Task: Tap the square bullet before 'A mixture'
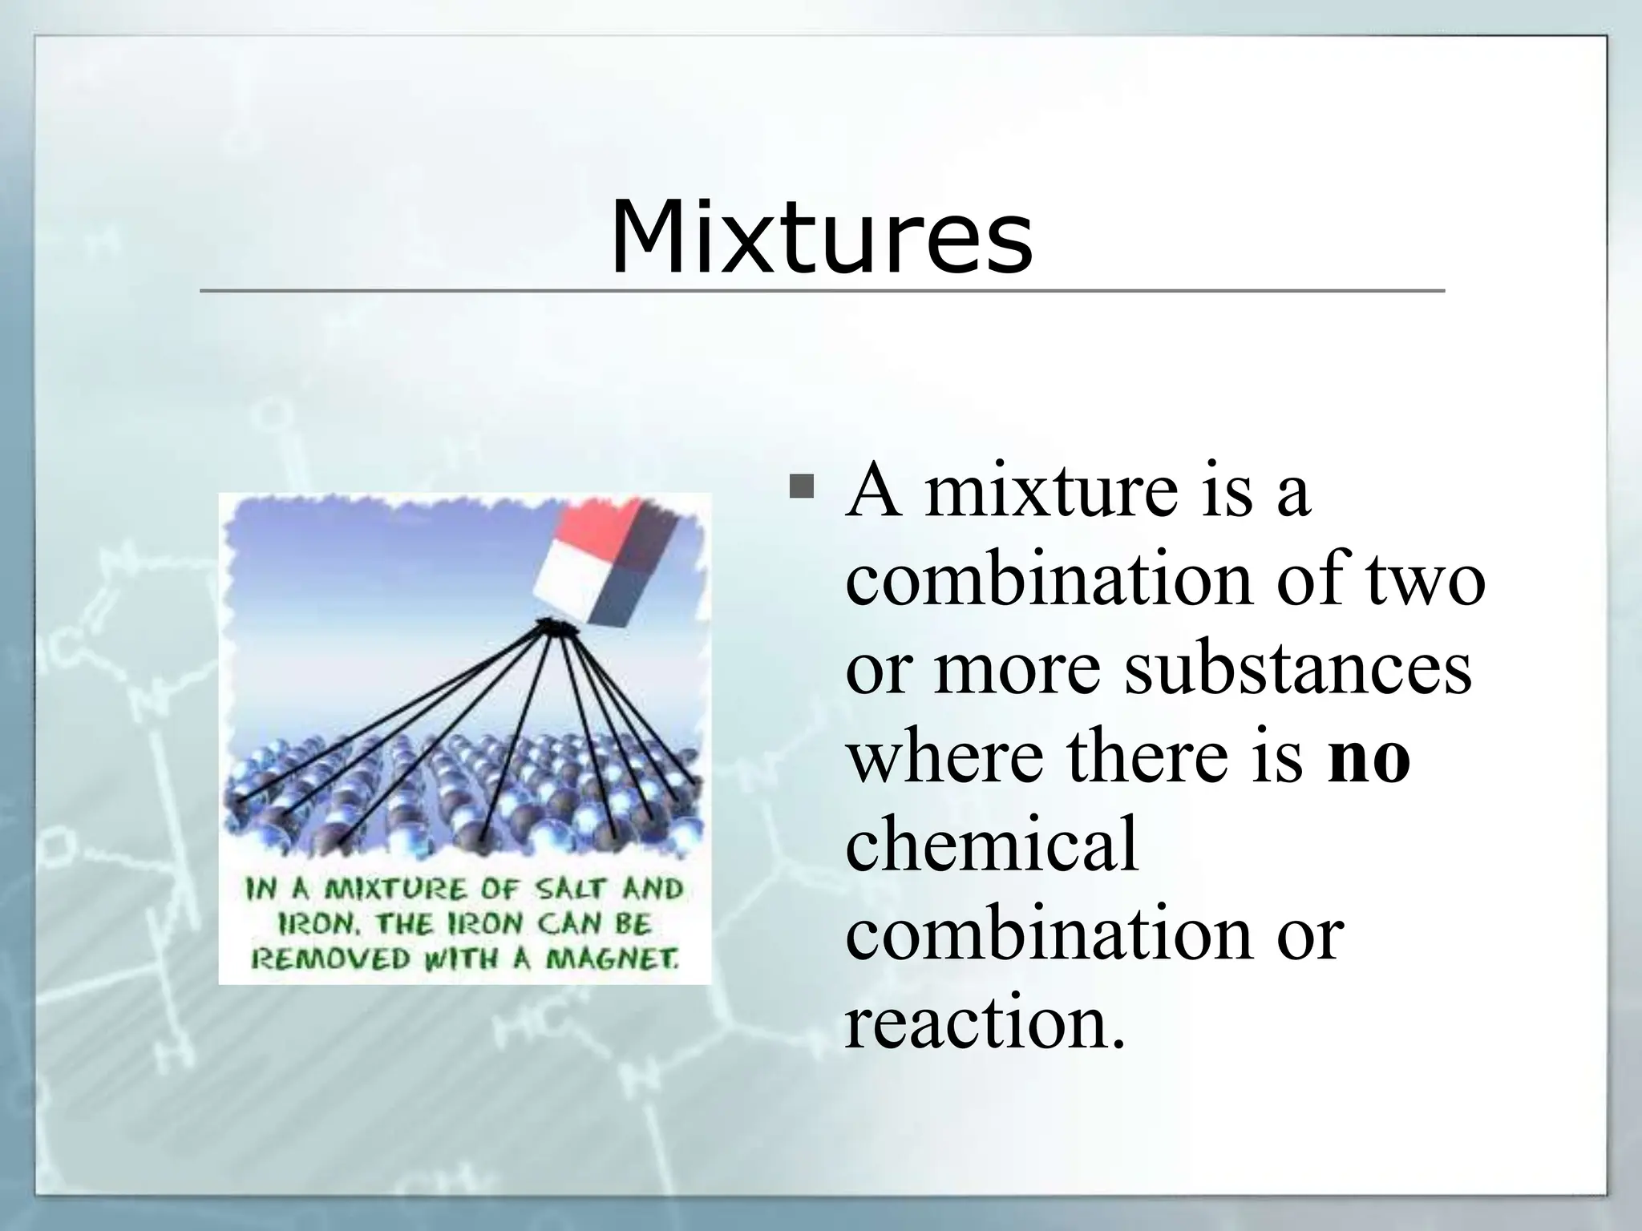coord(801,486)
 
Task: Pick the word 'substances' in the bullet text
coord(1296,669)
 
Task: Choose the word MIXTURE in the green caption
coord(395,890)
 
